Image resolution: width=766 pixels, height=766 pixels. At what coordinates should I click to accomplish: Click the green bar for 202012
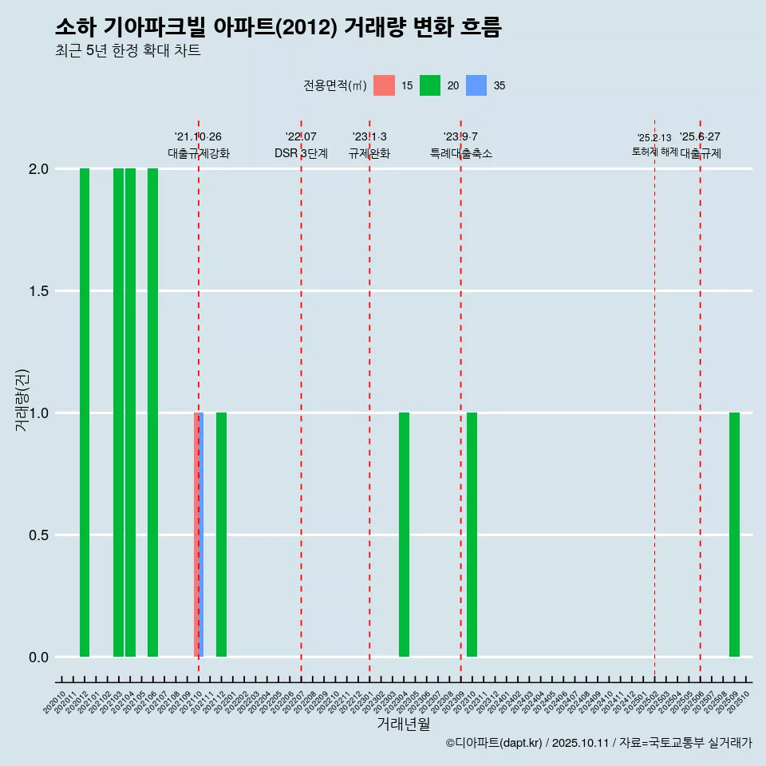[x=85, y=413]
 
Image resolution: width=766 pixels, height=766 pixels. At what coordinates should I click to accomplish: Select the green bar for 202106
[x=152, y=413]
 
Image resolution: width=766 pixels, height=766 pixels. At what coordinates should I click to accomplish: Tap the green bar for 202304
[x=404, y=535]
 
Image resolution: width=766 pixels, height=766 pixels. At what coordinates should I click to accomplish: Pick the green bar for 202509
[x=734, y=535]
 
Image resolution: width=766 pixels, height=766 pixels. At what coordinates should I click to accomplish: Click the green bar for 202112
[x=221, y=535]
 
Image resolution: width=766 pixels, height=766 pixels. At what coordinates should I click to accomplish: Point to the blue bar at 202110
[x=200, y=535]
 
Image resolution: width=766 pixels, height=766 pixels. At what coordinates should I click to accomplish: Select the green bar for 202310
[x=472, y=535]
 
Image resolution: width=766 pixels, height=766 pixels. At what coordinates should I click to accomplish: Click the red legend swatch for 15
[x=384, y=85]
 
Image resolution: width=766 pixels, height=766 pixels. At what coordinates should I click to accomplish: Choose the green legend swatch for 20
[x=430, y=85]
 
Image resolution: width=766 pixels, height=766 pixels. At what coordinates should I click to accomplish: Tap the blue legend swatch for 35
[x=476, y=85]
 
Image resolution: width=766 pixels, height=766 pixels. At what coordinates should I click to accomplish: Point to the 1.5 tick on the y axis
[x=38, y=291]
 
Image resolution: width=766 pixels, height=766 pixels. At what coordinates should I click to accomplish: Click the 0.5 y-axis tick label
[x=38, y=535]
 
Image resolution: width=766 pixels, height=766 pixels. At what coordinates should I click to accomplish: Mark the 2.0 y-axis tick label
[x=38, y=169]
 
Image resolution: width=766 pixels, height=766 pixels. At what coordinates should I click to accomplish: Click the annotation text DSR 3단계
[x=301, y=153]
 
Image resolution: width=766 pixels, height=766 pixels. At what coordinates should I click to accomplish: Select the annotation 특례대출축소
[x=461, y=153]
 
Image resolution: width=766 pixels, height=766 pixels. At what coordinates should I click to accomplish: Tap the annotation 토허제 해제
[x=654, y=151]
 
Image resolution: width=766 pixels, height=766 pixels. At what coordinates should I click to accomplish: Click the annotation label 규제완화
[x=369, y=153]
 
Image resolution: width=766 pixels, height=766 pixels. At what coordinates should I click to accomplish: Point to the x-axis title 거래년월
[x=403, y=724]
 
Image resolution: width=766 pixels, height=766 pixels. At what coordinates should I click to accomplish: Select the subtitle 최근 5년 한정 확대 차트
[x=128, y=51]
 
